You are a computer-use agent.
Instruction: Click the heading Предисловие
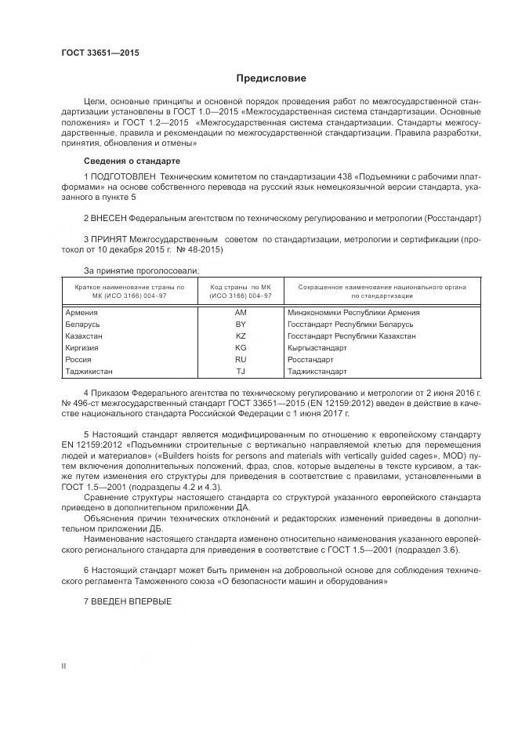tap(272, 78)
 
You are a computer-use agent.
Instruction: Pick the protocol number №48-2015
tap(205, 249)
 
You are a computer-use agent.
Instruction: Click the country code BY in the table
tap(241, 324)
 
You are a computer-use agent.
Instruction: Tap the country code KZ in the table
tap(241, 336)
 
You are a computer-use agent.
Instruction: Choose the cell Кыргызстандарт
tap(317, 347)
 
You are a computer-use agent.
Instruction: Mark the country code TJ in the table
tap(241, 371)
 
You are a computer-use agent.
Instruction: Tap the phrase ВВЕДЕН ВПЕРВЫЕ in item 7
tap(132, 601)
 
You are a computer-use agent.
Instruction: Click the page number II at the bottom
tap(64, 666)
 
